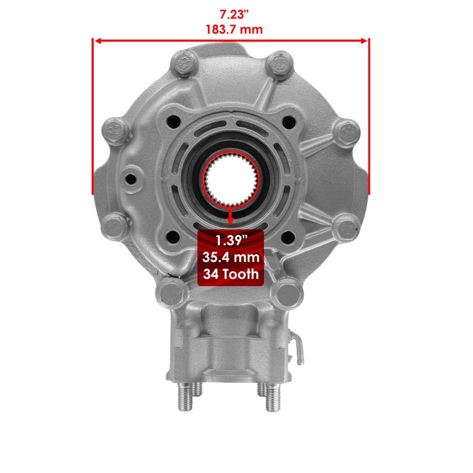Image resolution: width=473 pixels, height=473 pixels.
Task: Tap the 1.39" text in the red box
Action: [231, 240]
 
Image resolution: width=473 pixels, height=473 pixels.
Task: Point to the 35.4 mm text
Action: [231, 257]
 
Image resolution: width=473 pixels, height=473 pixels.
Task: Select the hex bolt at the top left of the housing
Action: [182, 63]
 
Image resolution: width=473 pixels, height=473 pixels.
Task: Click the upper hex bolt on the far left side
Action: [116, 131]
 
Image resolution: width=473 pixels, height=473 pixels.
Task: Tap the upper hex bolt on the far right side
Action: [346, 132]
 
